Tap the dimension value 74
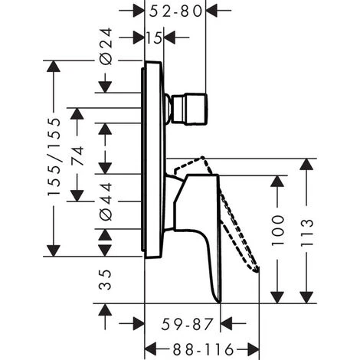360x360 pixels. point(77,159)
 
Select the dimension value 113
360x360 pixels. point(308,230)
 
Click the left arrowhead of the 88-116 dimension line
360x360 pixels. point(149,347)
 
